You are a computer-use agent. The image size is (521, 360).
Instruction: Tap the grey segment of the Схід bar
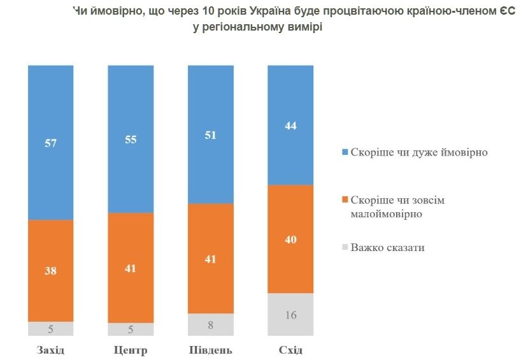291,314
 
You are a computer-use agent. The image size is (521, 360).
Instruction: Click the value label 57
51,143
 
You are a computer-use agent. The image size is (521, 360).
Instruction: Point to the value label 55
131,139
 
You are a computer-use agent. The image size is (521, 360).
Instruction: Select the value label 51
211,134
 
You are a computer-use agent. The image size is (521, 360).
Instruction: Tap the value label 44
291,126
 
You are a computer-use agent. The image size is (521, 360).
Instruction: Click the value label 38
51,270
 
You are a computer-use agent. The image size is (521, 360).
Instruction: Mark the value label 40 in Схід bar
291,240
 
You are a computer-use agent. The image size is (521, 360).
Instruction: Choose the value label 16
291,315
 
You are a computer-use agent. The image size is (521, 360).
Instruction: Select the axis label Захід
51,350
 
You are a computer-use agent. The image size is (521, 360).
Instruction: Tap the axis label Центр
131,350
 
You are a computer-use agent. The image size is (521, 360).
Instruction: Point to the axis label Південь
211,350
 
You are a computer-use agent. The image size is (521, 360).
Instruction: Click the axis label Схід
291,350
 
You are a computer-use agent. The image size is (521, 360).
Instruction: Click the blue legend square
345,153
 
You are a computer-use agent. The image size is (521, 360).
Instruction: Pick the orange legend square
345,200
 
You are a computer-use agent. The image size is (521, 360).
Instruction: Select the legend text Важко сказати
387,247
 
